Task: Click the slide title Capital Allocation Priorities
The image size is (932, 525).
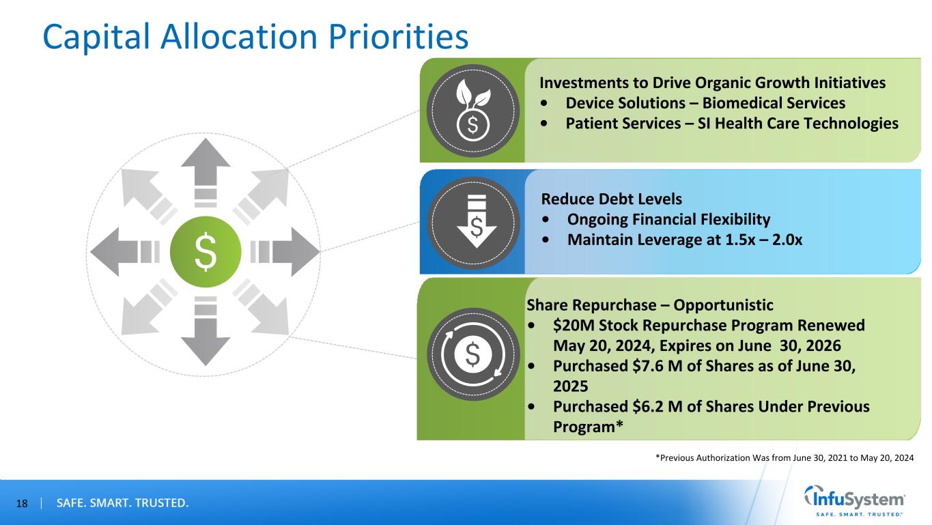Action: [255, 36]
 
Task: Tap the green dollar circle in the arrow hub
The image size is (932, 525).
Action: [206, 251]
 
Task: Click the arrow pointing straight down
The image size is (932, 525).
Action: [206, 335]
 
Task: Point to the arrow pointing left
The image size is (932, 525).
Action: [120, 251]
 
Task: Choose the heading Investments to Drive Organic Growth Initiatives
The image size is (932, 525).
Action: [712, 83]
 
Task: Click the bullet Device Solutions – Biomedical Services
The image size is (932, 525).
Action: [705, 103]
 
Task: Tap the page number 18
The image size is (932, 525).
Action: [22, 504]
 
